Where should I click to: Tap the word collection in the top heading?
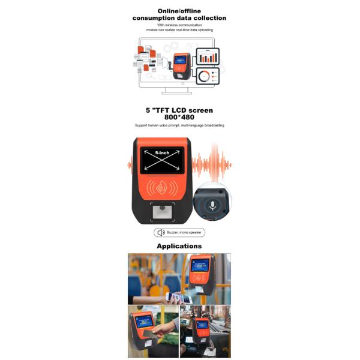206,18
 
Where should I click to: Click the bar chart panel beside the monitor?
208,56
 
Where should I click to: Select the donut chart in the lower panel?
205,76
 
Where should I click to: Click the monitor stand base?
177,92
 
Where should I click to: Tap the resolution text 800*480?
179,117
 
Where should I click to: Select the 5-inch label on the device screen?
161,154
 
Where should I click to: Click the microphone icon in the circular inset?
214,204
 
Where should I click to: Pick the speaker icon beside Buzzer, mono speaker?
160,233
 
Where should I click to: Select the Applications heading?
179,246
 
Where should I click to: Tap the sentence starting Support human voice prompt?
179,125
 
